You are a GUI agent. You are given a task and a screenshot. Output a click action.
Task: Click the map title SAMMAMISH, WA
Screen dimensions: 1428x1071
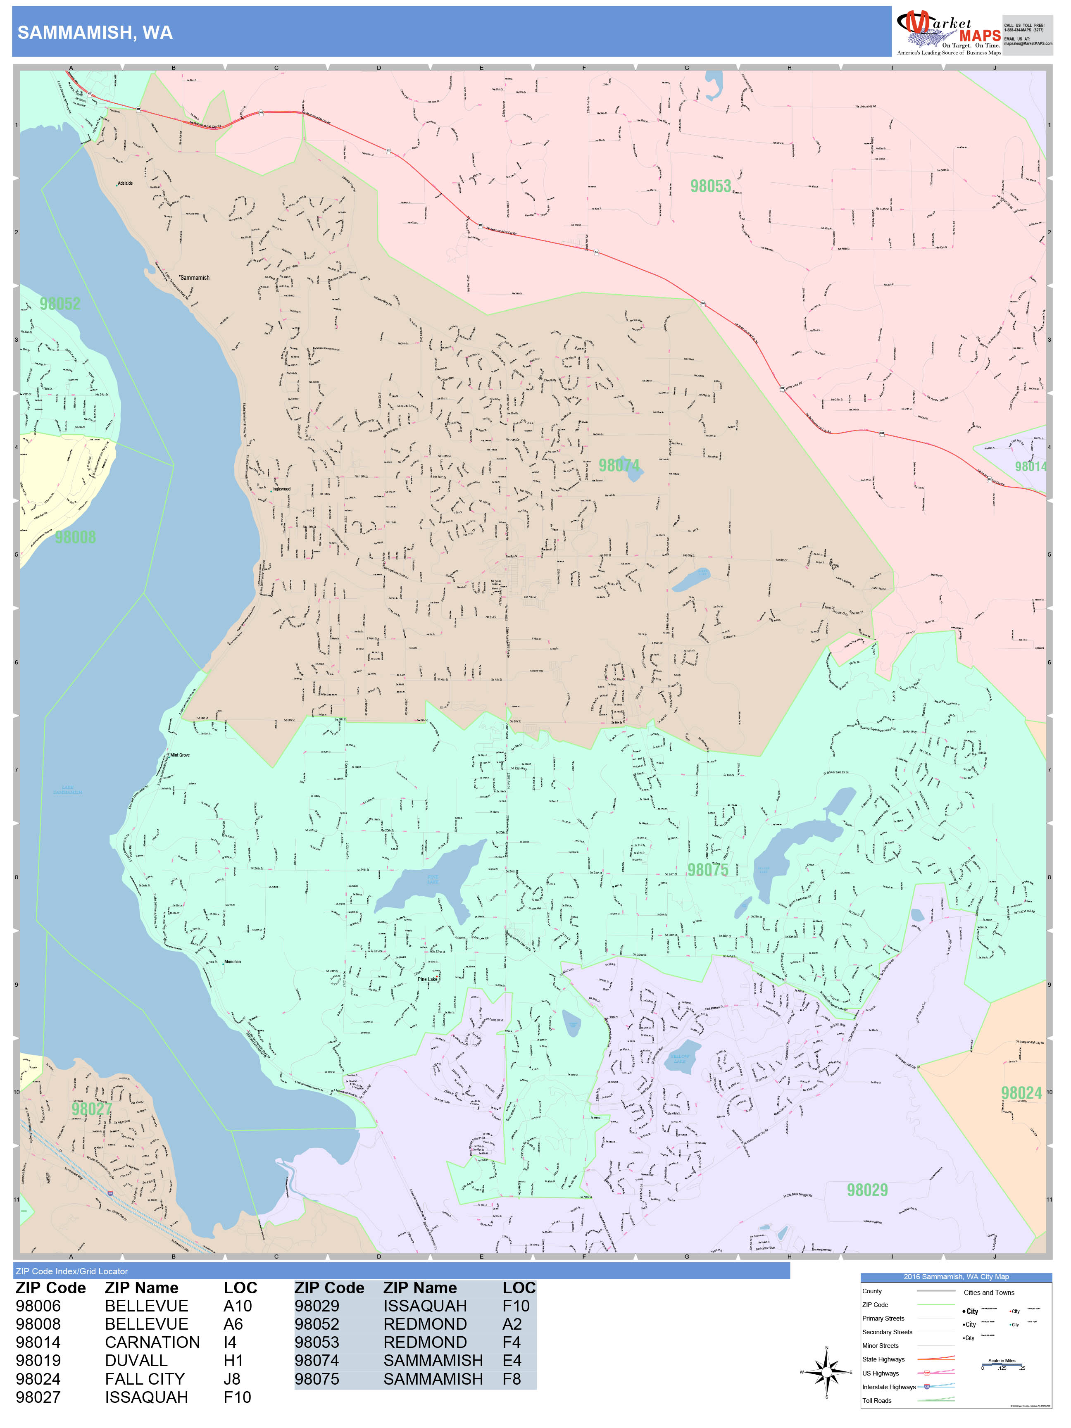click(x=95, y=33)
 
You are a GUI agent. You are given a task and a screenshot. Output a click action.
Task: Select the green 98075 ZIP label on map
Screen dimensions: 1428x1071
click(x=707, y=870)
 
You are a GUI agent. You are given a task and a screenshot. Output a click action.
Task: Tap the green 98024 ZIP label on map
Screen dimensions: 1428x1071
click(x=1021, y=1093)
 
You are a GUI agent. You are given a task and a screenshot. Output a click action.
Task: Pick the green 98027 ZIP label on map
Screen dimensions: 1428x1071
click(x=92, y=1109)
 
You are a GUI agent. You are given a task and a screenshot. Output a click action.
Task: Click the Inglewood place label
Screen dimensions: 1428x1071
click(x=281, y=489)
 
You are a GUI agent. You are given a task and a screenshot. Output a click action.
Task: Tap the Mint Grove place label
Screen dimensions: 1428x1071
click(x=179, y=754)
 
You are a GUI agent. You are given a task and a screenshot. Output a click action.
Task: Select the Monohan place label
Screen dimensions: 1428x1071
click(x=232, y=962)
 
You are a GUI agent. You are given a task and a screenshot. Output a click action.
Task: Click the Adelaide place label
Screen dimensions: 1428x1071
click(x=125, y=183)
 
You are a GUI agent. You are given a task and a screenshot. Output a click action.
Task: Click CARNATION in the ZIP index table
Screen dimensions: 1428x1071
click(x=152, y=1342)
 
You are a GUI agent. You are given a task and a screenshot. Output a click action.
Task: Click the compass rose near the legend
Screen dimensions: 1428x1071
click(x=826, y=1371)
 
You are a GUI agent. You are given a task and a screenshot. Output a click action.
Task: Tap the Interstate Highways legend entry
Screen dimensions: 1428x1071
click(x=889, y=1387)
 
